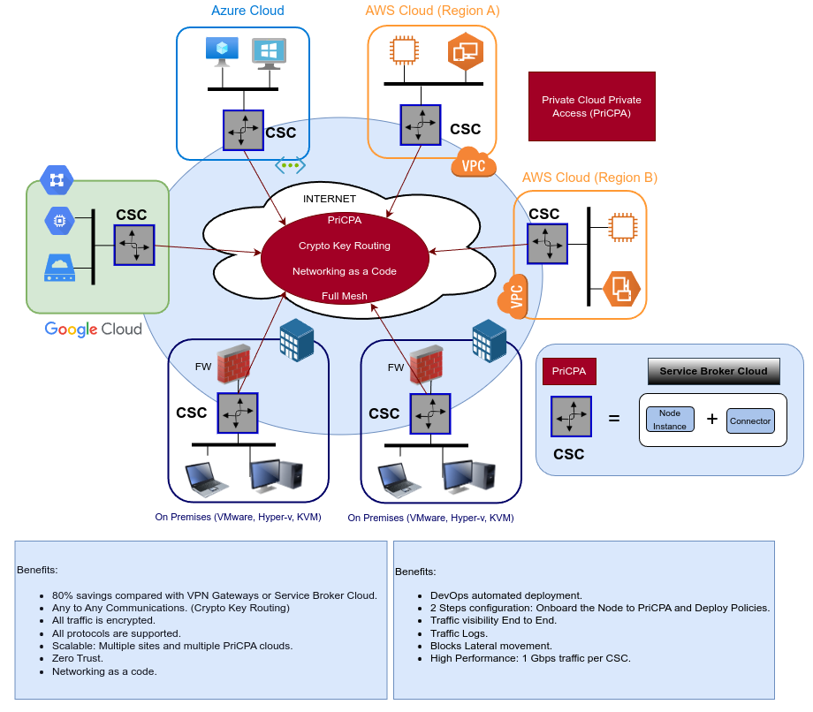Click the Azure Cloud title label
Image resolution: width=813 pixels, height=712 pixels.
[247, 11]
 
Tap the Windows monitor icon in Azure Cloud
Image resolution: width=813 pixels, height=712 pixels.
[268, 53]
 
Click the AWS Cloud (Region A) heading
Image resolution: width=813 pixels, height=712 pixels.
[432, 11]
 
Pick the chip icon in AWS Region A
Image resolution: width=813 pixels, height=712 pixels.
[404, 49]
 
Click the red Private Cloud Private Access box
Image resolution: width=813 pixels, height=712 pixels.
[591, 106]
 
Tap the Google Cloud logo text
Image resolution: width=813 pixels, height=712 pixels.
[94, 329]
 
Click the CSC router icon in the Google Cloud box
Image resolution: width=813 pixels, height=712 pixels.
[133, 245]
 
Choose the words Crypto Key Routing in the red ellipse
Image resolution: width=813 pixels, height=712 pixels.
[345, 246]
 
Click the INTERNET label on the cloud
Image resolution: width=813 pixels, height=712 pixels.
[329, 199]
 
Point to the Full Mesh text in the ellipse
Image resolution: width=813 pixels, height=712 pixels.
[345, 296]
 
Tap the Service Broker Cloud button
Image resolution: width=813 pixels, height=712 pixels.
[714, 371]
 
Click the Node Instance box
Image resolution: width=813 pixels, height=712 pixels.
[670, 420]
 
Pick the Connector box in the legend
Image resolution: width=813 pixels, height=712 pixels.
[750, 420]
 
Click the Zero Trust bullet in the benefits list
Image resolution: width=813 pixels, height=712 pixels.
[78, 658]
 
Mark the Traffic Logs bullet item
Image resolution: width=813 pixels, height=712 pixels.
[460, 633]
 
